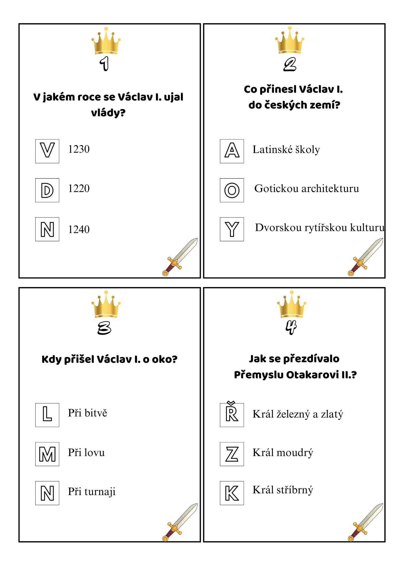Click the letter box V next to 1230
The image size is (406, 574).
click(x=47, y=151)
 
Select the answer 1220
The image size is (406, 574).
click(x=79, y=189)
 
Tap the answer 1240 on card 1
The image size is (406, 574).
click(x=79, y=230)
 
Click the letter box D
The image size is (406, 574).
click(x=47, y=190)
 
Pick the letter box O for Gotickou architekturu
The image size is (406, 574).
click(x=232, y=190)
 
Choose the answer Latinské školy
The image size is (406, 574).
click(x=286, y=150)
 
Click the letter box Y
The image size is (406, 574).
click(x=232, y=229)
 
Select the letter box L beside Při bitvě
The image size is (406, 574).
click(x=47, y=415)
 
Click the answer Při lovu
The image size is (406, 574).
click(x=86, y=453)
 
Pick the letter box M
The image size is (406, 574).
click(x=47, y=454)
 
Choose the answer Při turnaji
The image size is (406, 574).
click(x=92, y=492)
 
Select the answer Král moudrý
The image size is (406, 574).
click(x=283, y=453)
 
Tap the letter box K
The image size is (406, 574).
click(x=232, y=493)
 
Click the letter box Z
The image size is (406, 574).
click(x=232, y=454)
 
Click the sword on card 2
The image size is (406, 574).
click(x=365, y=257)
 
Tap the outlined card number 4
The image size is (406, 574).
click(x=291, y=327)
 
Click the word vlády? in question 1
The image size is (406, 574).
click(x=108, y=113)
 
